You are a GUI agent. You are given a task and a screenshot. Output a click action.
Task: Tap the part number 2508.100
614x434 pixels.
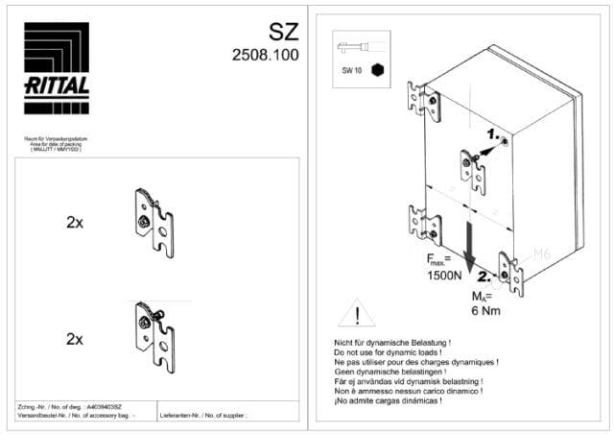tap(265, 56)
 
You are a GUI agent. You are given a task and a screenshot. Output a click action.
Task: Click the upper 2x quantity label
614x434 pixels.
tap(75, 222)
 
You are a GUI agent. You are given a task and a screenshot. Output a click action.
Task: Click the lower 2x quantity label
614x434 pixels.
tap(75, 339)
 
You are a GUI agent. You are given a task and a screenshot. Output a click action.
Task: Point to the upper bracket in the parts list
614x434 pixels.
tap(153, 223)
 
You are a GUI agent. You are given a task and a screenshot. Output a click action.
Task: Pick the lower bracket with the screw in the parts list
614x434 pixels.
tap(153, 337)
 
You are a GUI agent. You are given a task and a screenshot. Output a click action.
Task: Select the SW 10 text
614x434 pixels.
tap(352, 71)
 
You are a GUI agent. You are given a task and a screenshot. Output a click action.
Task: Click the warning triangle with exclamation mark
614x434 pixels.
tap(357, 313)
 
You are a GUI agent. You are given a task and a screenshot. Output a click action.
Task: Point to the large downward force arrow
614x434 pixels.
tap(469, 249)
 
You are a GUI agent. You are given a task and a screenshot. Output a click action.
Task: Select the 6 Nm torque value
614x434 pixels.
tap(486, 310)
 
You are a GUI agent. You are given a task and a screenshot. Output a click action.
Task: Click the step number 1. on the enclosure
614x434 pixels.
tap(491, 133)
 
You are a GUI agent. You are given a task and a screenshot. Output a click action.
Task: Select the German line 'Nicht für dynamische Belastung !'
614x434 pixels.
tap(391, 341)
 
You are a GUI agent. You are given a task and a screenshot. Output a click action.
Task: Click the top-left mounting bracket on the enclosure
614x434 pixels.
tap(423, 101)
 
